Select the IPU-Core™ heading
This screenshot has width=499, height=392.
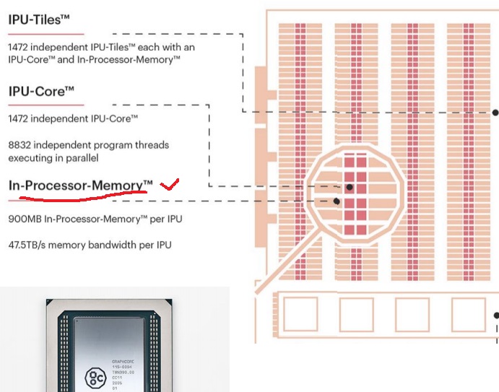coord(41,92)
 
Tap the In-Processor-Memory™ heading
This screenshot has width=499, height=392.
coord(80,186)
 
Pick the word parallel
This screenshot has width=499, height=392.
coord(81,157)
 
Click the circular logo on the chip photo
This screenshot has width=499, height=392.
coord(95,376)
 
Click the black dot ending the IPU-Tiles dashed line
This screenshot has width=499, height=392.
coord(495,112)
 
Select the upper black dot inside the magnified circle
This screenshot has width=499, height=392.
coord(350,187)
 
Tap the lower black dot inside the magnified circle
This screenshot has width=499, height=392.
coord(337,201)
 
